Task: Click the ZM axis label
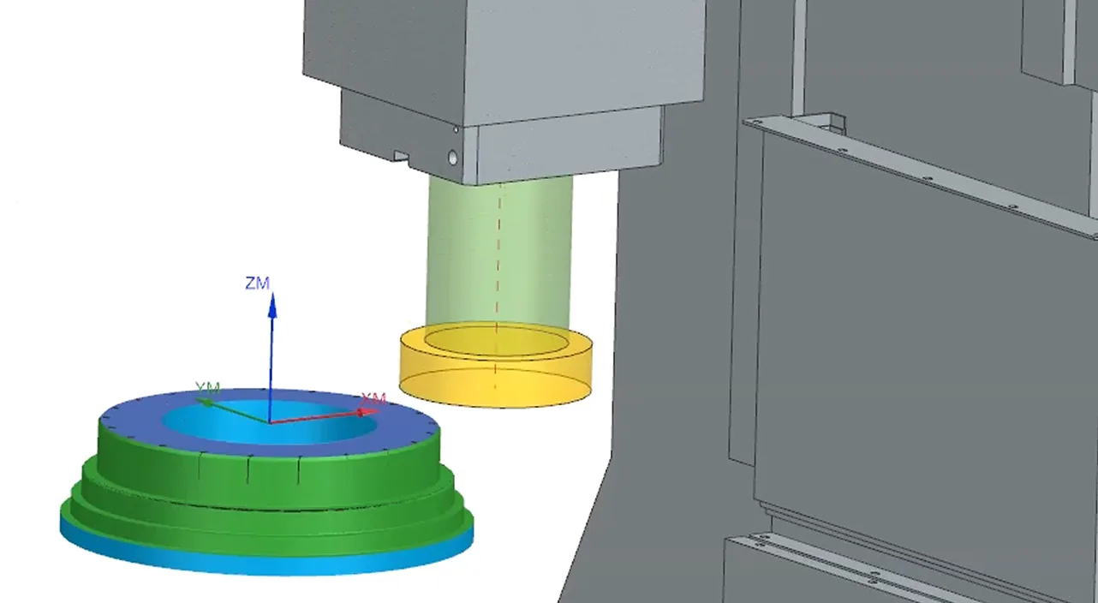pos(257,284)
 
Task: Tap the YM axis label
pos(208,388)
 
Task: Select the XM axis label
pos(373,399)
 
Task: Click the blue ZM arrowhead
pos(272,304)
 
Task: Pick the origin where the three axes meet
pos(270,422)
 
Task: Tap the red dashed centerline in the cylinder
pos(498,284)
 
